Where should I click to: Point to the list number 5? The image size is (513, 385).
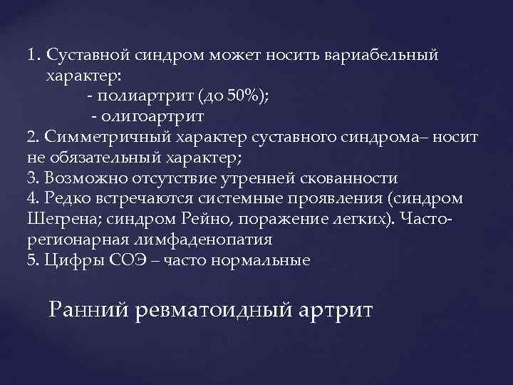[x=30, y=260]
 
